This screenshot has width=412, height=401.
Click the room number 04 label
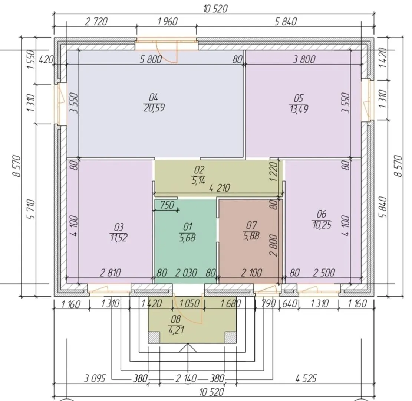click(x=154, y=98)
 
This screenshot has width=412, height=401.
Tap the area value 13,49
click(x=299, y=109)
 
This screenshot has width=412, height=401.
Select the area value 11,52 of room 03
click(x=119, y=238)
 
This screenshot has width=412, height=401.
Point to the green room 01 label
click(x=188, y=226)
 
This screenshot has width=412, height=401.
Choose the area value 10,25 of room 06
click(x=322, y=225)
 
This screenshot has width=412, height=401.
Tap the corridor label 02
click(x=199, y=170)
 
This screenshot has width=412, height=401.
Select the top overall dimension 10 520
click(x=215, y=9)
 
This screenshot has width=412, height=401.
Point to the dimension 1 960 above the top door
click(x=168, y=21)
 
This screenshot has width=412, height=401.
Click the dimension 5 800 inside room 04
click(x=151, y=59)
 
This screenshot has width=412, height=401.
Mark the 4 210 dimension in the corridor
click(x=220, y=188)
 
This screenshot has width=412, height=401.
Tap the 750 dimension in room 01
click(x=167, y=205)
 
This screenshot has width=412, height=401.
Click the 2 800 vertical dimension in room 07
click(x=274, y=245)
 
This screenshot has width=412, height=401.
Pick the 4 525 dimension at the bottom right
click(x=306, y=378)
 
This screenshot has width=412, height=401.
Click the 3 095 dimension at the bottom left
click(x=95, y=379)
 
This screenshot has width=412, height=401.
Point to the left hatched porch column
click(x=154, y=338)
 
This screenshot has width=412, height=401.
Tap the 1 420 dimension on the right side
click(x=383, y=58)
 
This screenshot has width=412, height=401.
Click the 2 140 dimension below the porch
click(x=186, y=378)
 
